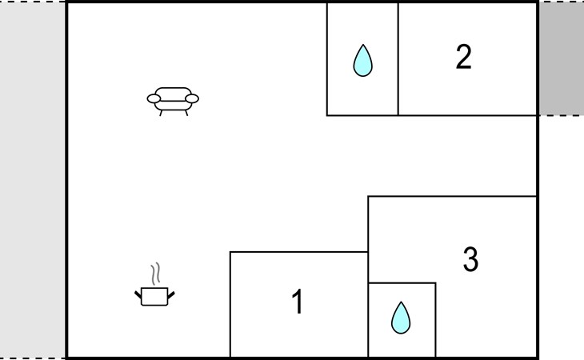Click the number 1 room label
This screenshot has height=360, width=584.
pyautogui.click(x=298, y=302)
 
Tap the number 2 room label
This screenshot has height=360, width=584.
pyautogui.click(x=464, y=57)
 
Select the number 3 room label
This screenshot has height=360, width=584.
pyautogui.click(x=470, y=258)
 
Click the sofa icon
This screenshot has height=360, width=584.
pyautogui.click(x=173, y=102)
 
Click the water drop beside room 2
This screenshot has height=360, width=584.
pyautogui.click(x=362, y=61)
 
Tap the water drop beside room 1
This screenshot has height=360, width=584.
pyautogui.click(x=401, y=318)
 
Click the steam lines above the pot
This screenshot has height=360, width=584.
pyautogui.click(x=156, y=274)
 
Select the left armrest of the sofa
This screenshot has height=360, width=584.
pyautogui.click(x=154, y=98)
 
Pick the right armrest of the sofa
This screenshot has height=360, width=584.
pyautogui.click(x=192, y=98)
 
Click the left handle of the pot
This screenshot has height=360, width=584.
pyautogui.click(x=138, y=295)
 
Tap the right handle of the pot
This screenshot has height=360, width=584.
pyautogui.click(x=171, y=295)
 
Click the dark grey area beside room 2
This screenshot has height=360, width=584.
pyautogui.click(x=562, y=58)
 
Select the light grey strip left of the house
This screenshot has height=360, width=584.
pyautogui.click(x=33, y=180)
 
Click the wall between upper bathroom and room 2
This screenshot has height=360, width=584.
pyautogui.click(x=398, y=59)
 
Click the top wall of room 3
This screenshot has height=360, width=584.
pyautogui.click(x=452, y=196)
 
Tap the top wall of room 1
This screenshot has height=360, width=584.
pyautogui.click(x=299, y=252)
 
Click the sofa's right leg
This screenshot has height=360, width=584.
pyautogui.click(x=186, y=113)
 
